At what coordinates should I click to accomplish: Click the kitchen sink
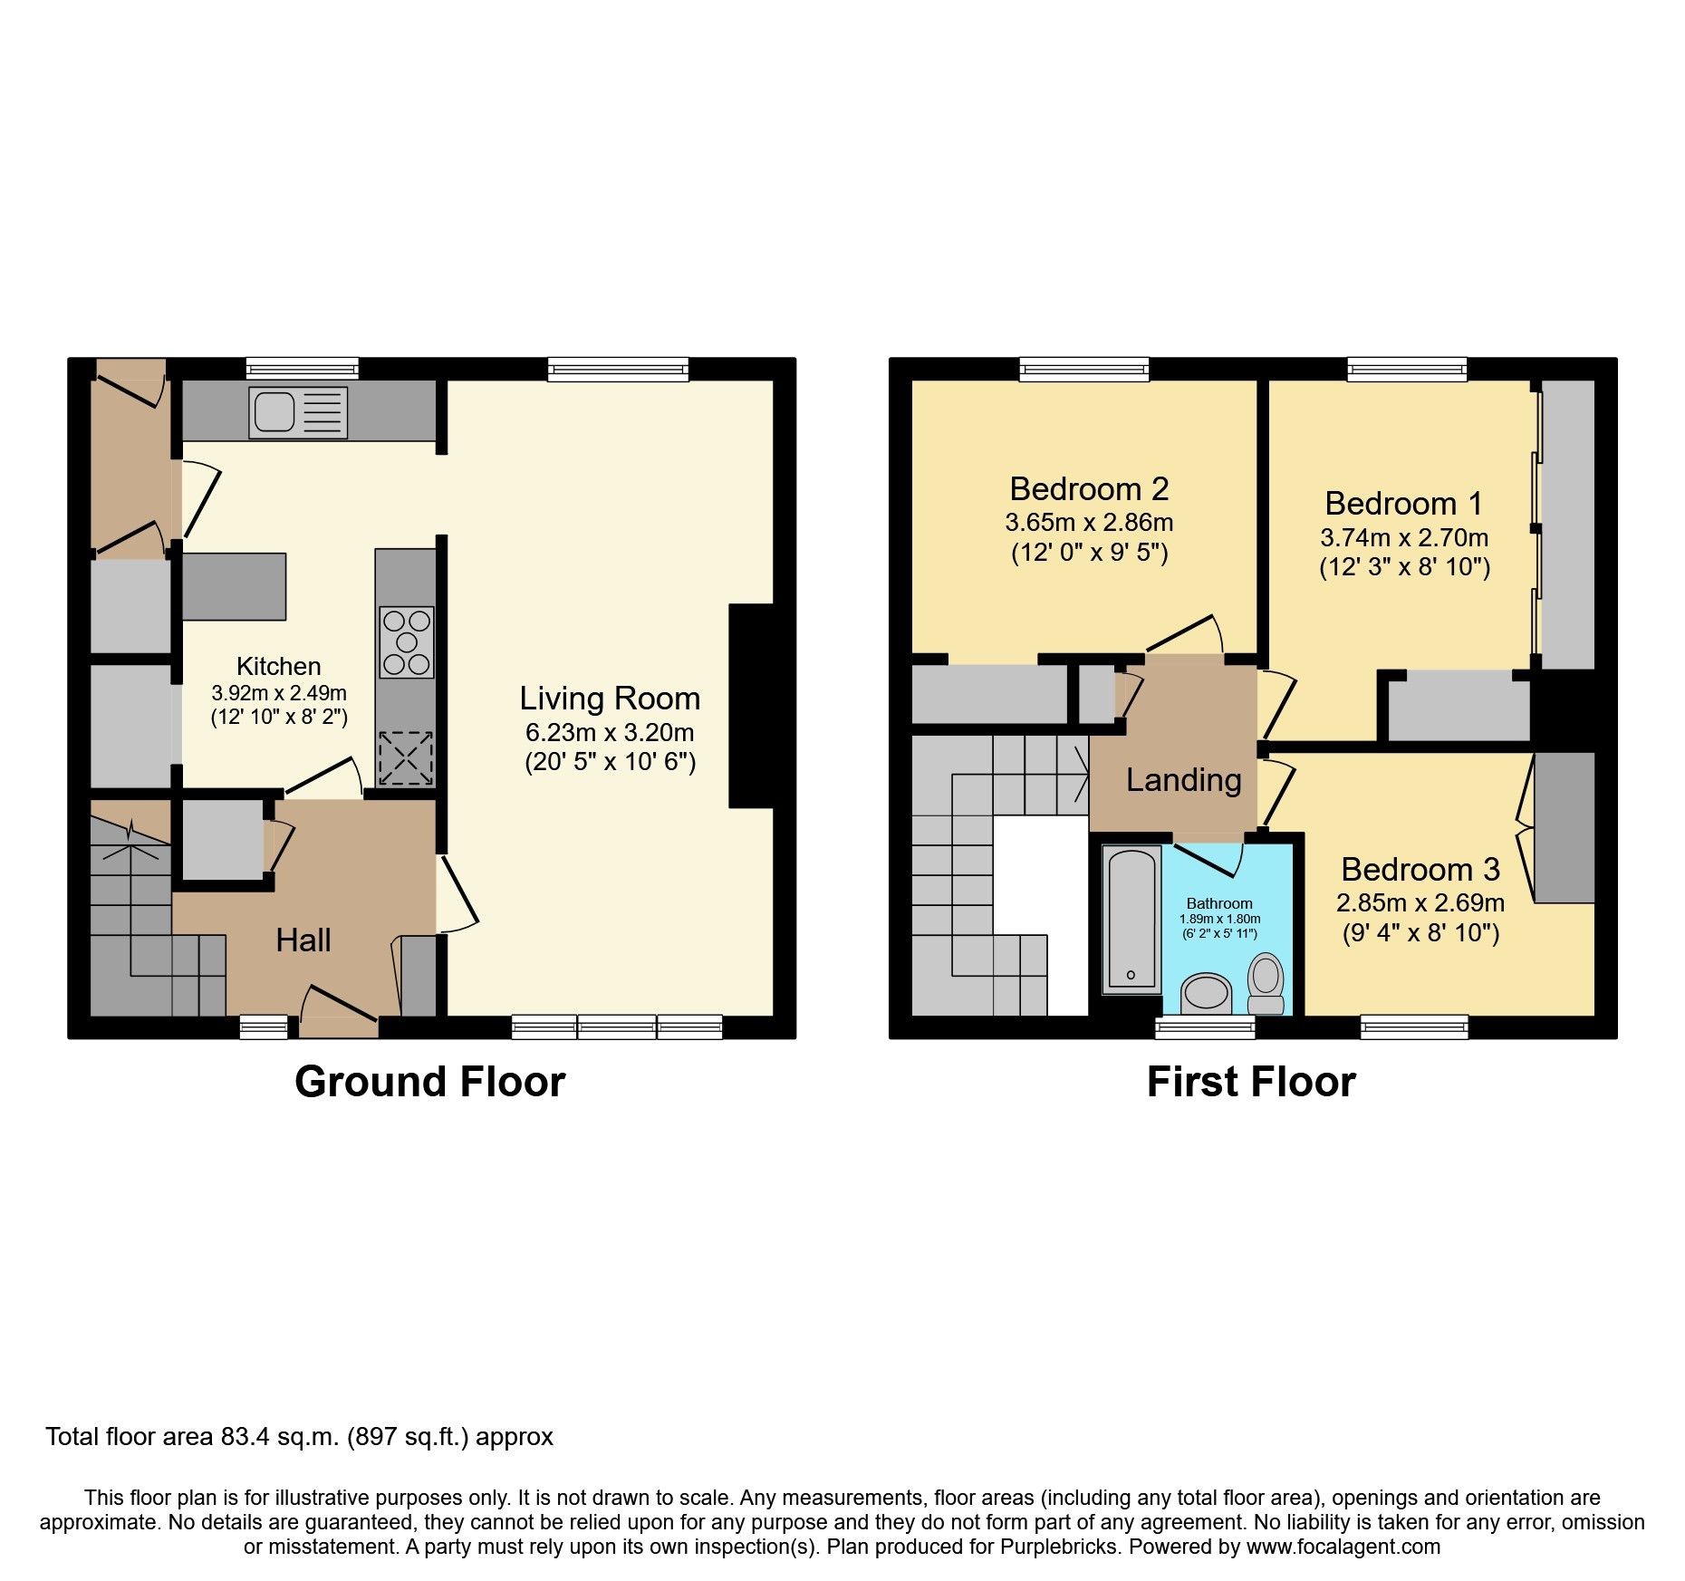pyautogui.click(x=299, y=412)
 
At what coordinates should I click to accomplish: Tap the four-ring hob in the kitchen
pyautogui.click(x=406, y=642)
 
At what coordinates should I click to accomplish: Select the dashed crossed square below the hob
pyautogui.click(x=406, y=758)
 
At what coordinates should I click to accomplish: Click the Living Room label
pyautogui.click(x=610, y=699)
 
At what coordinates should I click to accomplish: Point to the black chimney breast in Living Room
pyautogui.click(x=751, y=705)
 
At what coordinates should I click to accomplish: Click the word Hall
pyautogui.click(x=303, y=940)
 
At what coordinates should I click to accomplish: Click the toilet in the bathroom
pyautogui.click(x=1266, y=984)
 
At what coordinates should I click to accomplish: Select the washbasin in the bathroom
pyautogui.click(x=1206, y=992)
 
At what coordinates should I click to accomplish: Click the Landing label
pyautogui.click(x=1183, y=780)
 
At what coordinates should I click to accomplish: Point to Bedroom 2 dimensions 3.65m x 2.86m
pyautogui.click(x=1089, y=523)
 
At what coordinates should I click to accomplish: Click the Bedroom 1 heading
pyautogui.click(x=1403, y=503)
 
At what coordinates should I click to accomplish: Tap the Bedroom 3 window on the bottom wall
pyautogui.click(x=1414, y=1027)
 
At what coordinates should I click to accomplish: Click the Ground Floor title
pyautogui.click(x=429, y=1082)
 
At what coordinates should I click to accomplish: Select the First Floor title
pyautogui.click(x=1251, y=1082)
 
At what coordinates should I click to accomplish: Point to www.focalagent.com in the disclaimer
pyautogui.click(x=1343, y=1547)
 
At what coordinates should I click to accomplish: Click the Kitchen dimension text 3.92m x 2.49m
pyautogui.click(x=279, y=693)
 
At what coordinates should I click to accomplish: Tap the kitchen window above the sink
pyautogui.click(x=303, y=369)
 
